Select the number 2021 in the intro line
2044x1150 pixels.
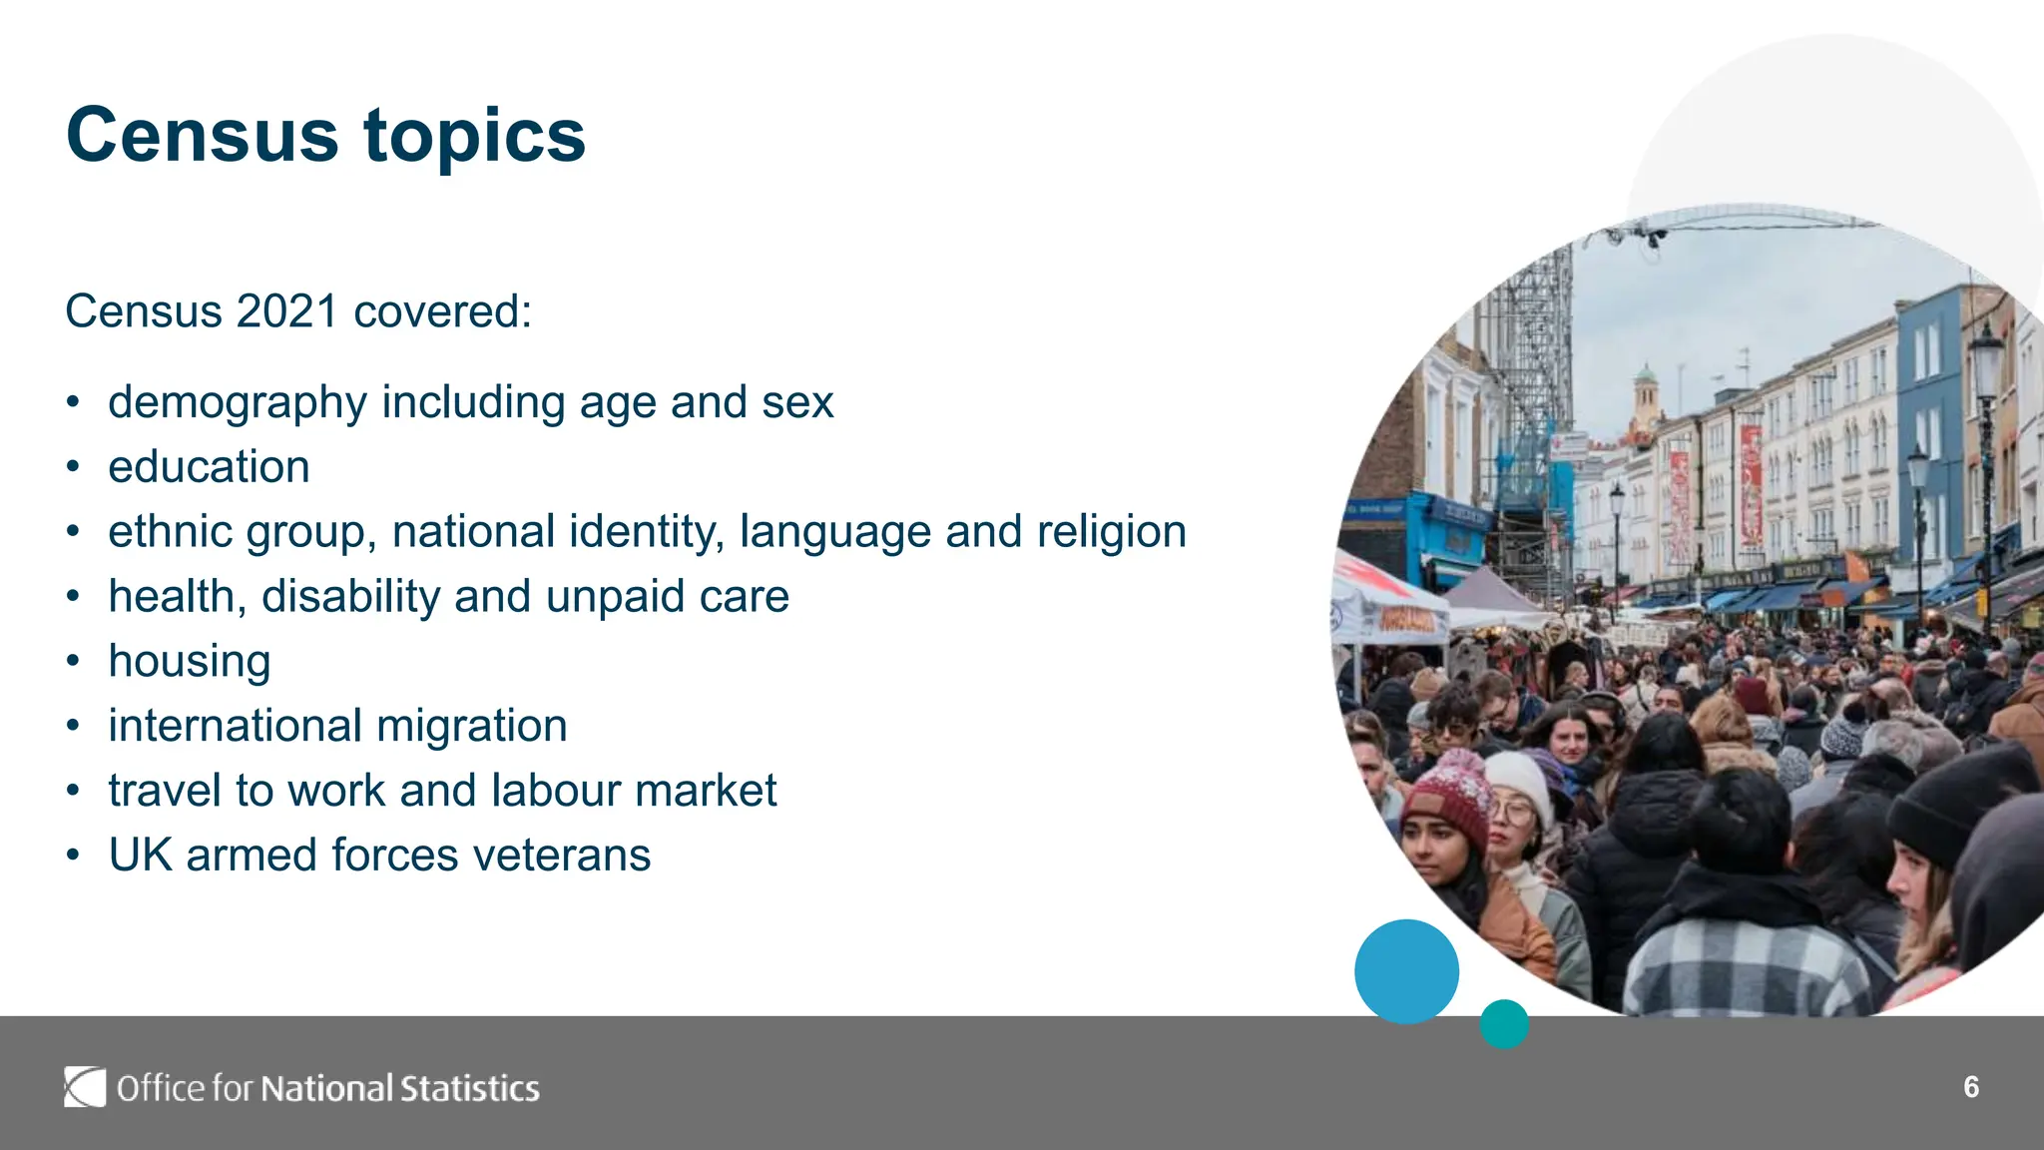(287, 311)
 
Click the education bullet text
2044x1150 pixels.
(209, 467)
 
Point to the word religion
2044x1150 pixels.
(1111, 532)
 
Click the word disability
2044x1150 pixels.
(350, 597)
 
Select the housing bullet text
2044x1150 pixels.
(190, 662)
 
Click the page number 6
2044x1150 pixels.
(1970, 1087)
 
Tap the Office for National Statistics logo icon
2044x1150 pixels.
(85, 1087)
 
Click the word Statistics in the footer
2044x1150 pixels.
(469, 1088)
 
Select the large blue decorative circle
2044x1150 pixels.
(1406, 971)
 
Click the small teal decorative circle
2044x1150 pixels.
(1504, 1024)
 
